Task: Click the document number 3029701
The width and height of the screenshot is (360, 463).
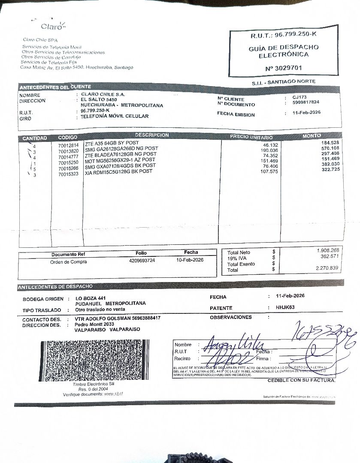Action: [284, 68]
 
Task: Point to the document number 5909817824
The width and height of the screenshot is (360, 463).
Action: [306, 102]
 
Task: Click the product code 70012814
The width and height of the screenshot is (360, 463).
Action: [68, 146]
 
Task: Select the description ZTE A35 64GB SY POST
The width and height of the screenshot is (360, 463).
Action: [112, 143]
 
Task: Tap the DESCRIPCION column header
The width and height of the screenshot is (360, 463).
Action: [152, 135]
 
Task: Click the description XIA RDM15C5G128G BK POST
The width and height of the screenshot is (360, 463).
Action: [118, 171]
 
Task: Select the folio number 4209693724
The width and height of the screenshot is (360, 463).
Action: [142, 260]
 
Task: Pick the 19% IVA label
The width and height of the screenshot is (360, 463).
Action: [237, 259]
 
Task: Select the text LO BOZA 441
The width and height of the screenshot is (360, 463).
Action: [91, 298]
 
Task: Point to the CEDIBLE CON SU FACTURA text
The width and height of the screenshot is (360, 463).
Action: [301, 380]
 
